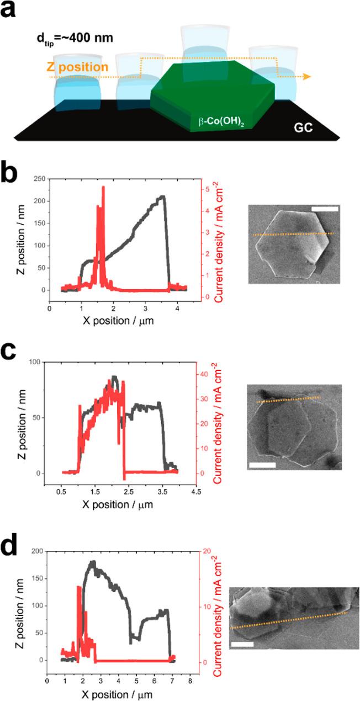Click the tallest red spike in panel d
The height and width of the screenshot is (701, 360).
coord(79,587)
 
